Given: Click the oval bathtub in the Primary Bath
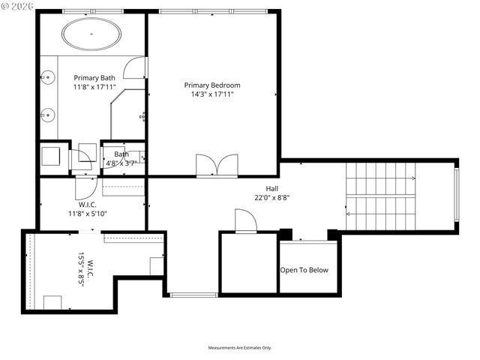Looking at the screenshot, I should point(90,34).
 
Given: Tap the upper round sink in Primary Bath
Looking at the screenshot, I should point(47,76).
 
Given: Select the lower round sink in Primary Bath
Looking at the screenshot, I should point(47,115).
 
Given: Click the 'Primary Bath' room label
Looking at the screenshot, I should point(94,77).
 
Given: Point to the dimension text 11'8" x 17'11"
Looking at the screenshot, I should point(94,88).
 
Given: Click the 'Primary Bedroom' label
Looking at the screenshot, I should point(212,85).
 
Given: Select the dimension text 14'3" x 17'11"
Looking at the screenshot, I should point(212,94).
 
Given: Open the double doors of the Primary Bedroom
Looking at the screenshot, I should point(217,166).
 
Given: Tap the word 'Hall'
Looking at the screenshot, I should point(272,188).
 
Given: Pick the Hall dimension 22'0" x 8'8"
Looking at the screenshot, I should point(272,198).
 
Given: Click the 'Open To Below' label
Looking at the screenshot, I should point(304,270).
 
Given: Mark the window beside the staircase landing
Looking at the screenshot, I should point(455,195).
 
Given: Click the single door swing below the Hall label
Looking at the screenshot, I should point(245,221).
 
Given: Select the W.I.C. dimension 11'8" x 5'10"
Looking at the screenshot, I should point(88,214).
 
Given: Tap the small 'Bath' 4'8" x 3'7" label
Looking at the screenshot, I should point(121,158).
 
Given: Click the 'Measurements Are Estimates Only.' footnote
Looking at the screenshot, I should point(240,348).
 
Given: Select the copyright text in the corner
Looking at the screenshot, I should point(18,6).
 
